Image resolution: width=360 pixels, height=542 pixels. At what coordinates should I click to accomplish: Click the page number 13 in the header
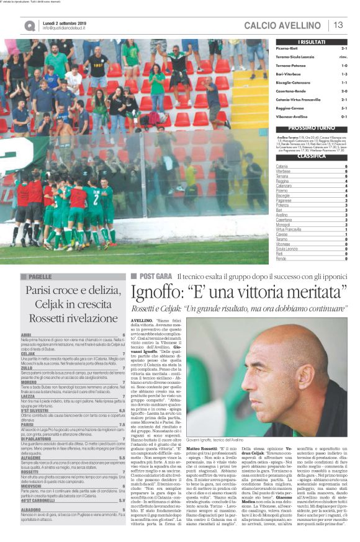339,25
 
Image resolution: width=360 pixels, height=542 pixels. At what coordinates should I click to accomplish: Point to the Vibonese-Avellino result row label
292,115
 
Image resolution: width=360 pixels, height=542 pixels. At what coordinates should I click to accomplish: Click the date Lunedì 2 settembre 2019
65,21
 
